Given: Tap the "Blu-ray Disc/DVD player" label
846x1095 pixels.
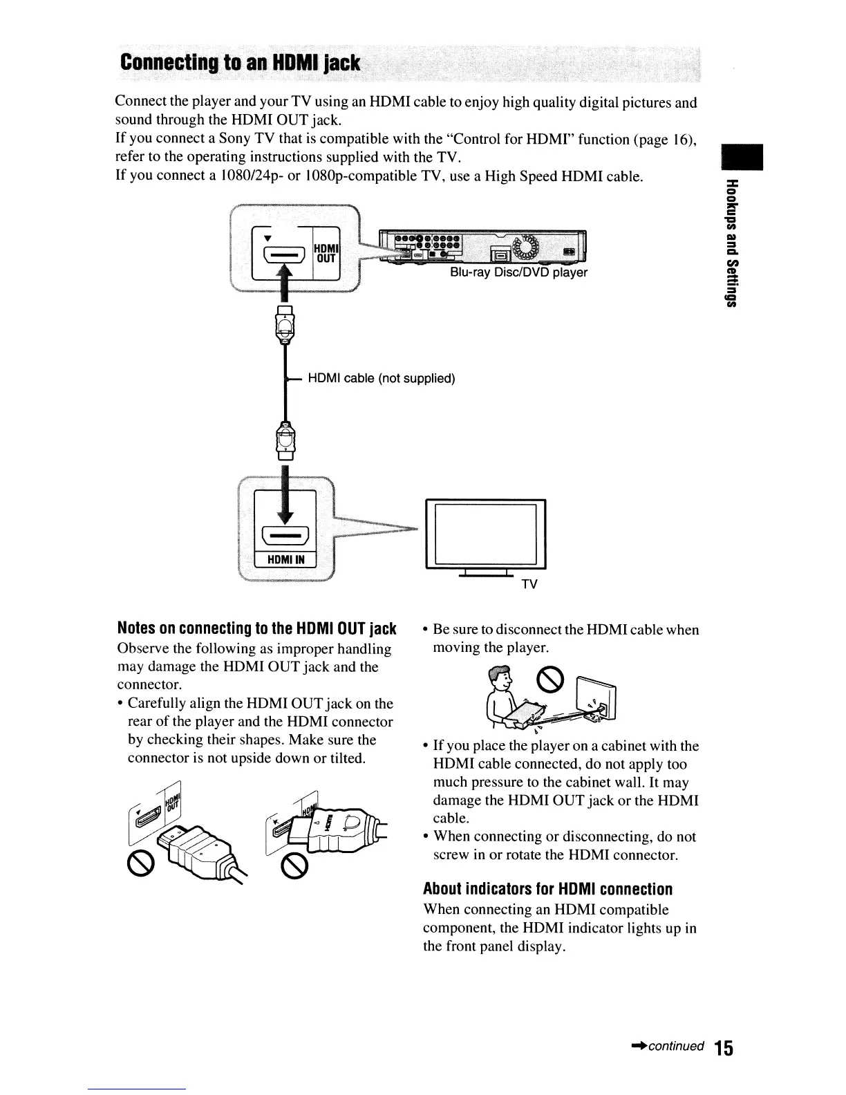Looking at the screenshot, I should (x=518, y=272).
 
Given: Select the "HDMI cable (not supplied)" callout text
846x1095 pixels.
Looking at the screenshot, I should (x=381, y=379).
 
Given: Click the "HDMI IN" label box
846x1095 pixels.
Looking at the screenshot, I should (x=286, y=559).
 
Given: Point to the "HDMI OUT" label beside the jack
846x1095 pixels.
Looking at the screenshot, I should (x=325, y=253).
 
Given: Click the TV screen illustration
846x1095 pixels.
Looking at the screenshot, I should (x=486, y=534).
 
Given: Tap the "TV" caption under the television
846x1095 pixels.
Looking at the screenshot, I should (x=529, y=585).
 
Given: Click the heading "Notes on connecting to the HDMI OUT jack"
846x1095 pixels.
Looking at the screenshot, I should (x=257, y=629).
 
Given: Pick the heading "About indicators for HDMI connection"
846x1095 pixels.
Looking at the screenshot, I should (x=548, y=889).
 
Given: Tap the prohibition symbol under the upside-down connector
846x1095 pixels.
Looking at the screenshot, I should (x=140, y=861).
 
